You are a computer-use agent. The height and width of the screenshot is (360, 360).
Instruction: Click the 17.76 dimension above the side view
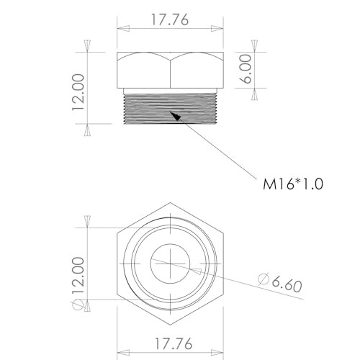click(169, 21)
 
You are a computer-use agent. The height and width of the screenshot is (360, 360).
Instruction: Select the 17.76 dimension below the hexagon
click(171, 343)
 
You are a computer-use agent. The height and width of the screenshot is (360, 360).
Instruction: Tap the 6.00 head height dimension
click(246, 71)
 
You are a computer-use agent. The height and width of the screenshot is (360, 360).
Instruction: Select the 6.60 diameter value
click(282, 283)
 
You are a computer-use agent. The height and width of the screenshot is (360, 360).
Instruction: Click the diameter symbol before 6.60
click(262, 278)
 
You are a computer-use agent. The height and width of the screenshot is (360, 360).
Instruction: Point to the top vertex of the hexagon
click(171, 202)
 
